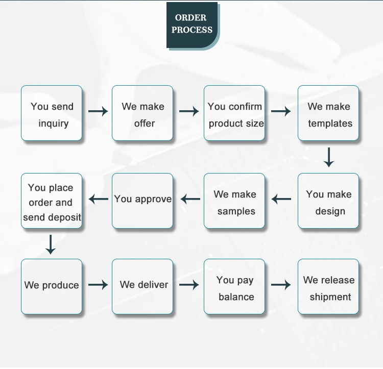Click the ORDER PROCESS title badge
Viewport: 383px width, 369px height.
[x=192, y=24]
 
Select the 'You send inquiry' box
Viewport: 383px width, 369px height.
[x=52, y=113]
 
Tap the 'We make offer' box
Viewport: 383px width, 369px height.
[x=142, y=113]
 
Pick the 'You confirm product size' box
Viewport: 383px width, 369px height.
[x=234, y=113]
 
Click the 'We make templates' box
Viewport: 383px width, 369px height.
[x=328, y=113]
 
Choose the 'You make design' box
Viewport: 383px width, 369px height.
[x=328, y=201]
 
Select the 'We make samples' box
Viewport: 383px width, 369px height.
[x=234, y=201]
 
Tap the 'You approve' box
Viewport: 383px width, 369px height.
[x=142, y=201]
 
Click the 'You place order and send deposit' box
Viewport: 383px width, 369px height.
[x=52, y=201]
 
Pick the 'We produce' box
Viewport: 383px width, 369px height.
[x=52, y=286]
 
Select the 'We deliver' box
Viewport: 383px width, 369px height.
[x=142, y=286]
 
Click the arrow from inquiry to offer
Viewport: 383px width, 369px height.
[x=98, y=111]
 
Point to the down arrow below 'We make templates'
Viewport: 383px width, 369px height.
[x=329, y=157]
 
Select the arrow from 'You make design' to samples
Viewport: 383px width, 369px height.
[x=281, y=199]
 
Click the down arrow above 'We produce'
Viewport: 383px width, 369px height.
[x=50, y=244]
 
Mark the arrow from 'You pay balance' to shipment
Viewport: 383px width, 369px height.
[x=281, y=285]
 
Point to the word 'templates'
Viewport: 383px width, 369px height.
[x=330, y=124]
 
